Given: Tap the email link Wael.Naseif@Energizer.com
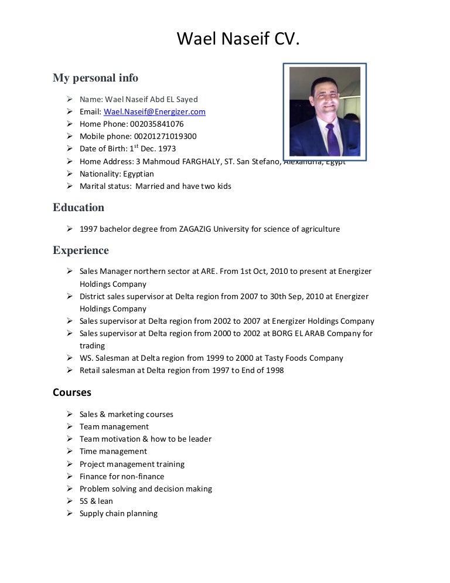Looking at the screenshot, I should (x=154, y=111).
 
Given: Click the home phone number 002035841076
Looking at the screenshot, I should (x=156, y=124).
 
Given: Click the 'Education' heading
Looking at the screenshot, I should (x=79, y=208).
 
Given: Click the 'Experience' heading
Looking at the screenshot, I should (x=81, y=250).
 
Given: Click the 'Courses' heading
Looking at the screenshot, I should (x=72, y=392).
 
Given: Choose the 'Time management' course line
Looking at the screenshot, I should (x=113, y=451).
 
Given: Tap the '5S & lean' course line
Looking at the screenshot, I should (x=96, y=501).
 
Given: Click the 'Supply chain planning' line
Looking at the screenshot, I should (x=118, y=513).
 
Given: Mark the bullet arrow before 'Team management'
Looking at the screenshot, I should (x=69, y=426).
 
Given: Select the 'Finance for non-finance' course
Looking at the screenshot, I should (x=122, y=476).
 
